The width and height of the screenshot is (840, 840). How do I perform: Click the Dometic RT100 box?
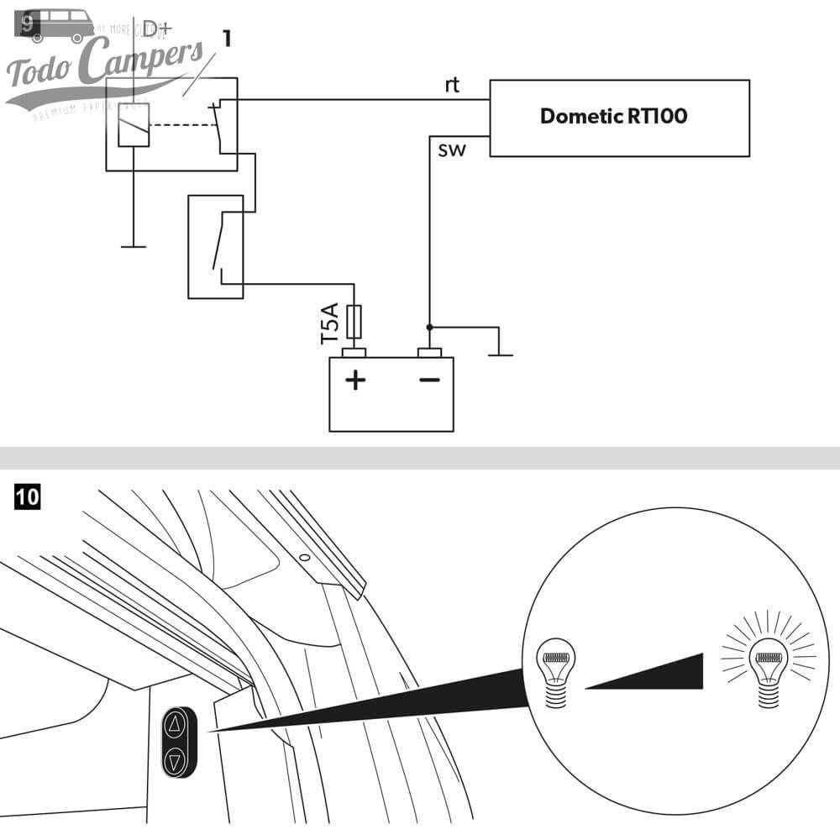tap(619, 118)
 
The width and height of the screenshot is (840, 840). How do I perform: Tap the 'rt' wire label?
tap(453, 86)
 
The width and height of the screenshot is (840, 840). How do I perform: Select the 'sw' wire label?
tap(449, 151)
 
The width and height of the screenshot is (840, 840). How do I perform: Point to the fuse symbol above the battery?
tap(354, 322)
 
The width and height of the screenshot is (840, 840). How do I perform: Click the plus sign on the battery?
tap(356, 381)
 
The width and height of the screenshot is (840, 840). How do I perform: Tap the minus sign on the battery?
tap(429, 381)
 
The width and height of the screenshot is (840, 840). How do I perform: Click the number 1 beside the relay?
tap(227, 38)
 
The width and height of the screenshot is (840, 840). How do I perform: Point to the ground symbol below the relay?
tap(133, 246)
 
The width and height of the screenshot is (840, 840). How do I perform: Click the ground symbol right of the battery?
tap(501, 354)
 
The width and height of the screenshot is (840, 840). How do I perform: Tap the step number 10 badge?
tap(27, 497)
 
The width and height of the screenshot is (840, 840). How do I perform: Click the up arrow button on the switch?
tap(175, 725)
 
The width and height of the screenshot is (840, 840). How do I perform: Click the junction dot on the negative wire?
tap(429, 326)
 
